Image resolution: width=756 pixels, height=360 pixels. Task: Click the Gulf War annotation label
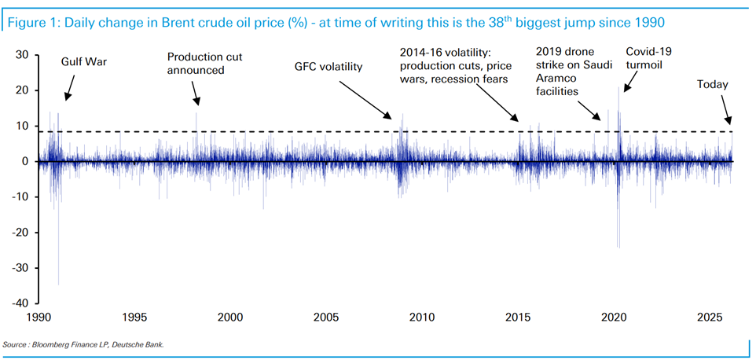[85, 61]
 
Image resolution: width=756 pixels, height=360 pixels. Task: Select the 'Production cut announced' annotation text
[196, 64]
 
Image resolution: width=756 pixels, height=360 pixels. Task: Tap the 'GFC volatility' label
[328, 67]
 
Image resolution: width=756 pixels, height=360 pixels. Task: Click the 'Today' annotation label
[713, 84]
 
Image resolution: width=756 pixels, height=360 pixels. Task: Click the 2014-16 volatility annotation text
[453, 66]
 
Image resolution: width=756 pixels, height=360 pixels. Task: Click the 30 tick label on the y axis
[24, 55]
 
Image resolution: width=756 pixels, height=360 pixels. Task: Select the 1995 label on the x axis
[134, 318]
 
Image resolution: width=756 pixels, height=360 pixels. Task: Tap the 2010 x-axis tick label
[422, 318]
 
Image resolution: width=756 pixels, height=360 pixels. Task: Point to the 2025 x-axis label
[710, 318]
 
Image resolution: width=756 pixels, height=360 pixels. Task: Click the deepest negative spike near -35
[59, 283]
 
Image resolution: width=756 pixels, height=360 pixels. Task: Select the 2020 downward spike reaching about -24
[618, 246]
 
